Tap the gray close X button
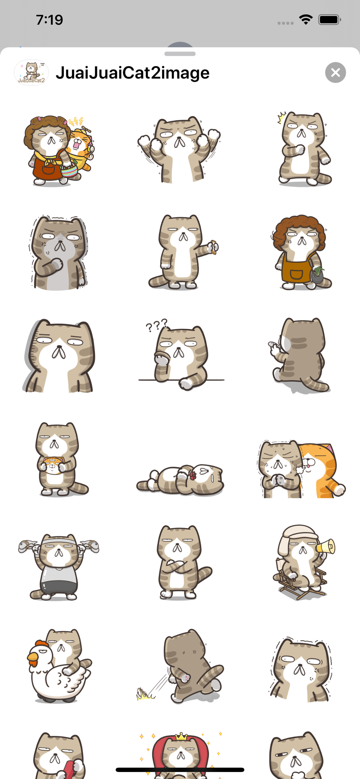335,72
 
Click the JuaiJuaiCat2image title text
132,73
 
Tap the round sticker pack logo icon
31,72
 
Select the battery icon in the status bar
330,19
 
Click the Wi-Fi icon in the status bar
306,19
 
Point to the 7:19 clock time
49,20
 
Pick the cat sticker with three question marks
181,354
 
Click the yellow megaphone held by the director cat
326,546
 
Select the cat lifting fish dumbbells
58,566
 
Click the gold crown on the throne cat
181,736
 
